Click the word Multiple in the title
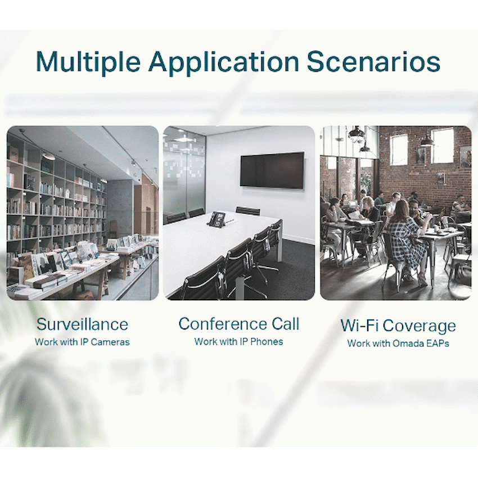(x=88, y=62)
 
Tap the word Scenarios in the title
(x=373, y=62)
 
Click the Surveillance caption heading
(x=82, y=324)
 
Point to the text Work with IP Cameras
(x=82, y=342)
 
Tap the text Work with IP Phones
(x=238, y=341)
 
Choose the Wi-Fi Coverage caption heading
(x=398, y=326)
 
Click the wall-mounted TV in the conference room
(x=272, y=170)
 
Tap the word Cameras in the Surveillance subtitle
(x=110, y=342)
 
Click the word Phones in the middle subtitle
(x=267, y=341)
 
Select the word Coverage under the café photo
(x=420, y=327)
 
